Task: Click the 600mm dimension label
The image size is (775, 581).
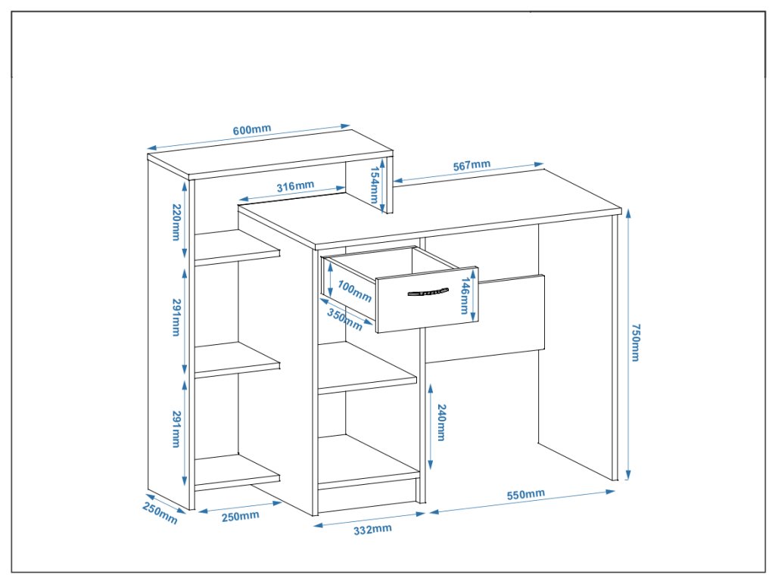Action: click(251, 130)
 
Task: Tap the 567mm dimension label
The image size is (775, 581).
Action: click(471, 166)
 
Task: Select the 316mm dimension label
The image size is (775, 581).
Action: click(294, 186)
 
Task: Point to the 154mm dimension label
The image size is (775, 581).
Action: click(374, 185)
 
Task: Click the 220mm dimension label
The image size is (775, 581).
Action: click(176, 222)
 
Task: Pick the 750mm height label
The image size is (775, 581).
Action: click(635, 342)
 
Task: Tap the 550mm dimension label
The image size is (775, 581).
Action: click(525, 496)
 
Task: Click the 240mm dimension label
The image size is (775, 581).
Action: click(441, 424)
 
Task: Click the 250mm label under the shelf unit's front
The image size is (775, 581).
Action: click(241, 516)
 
